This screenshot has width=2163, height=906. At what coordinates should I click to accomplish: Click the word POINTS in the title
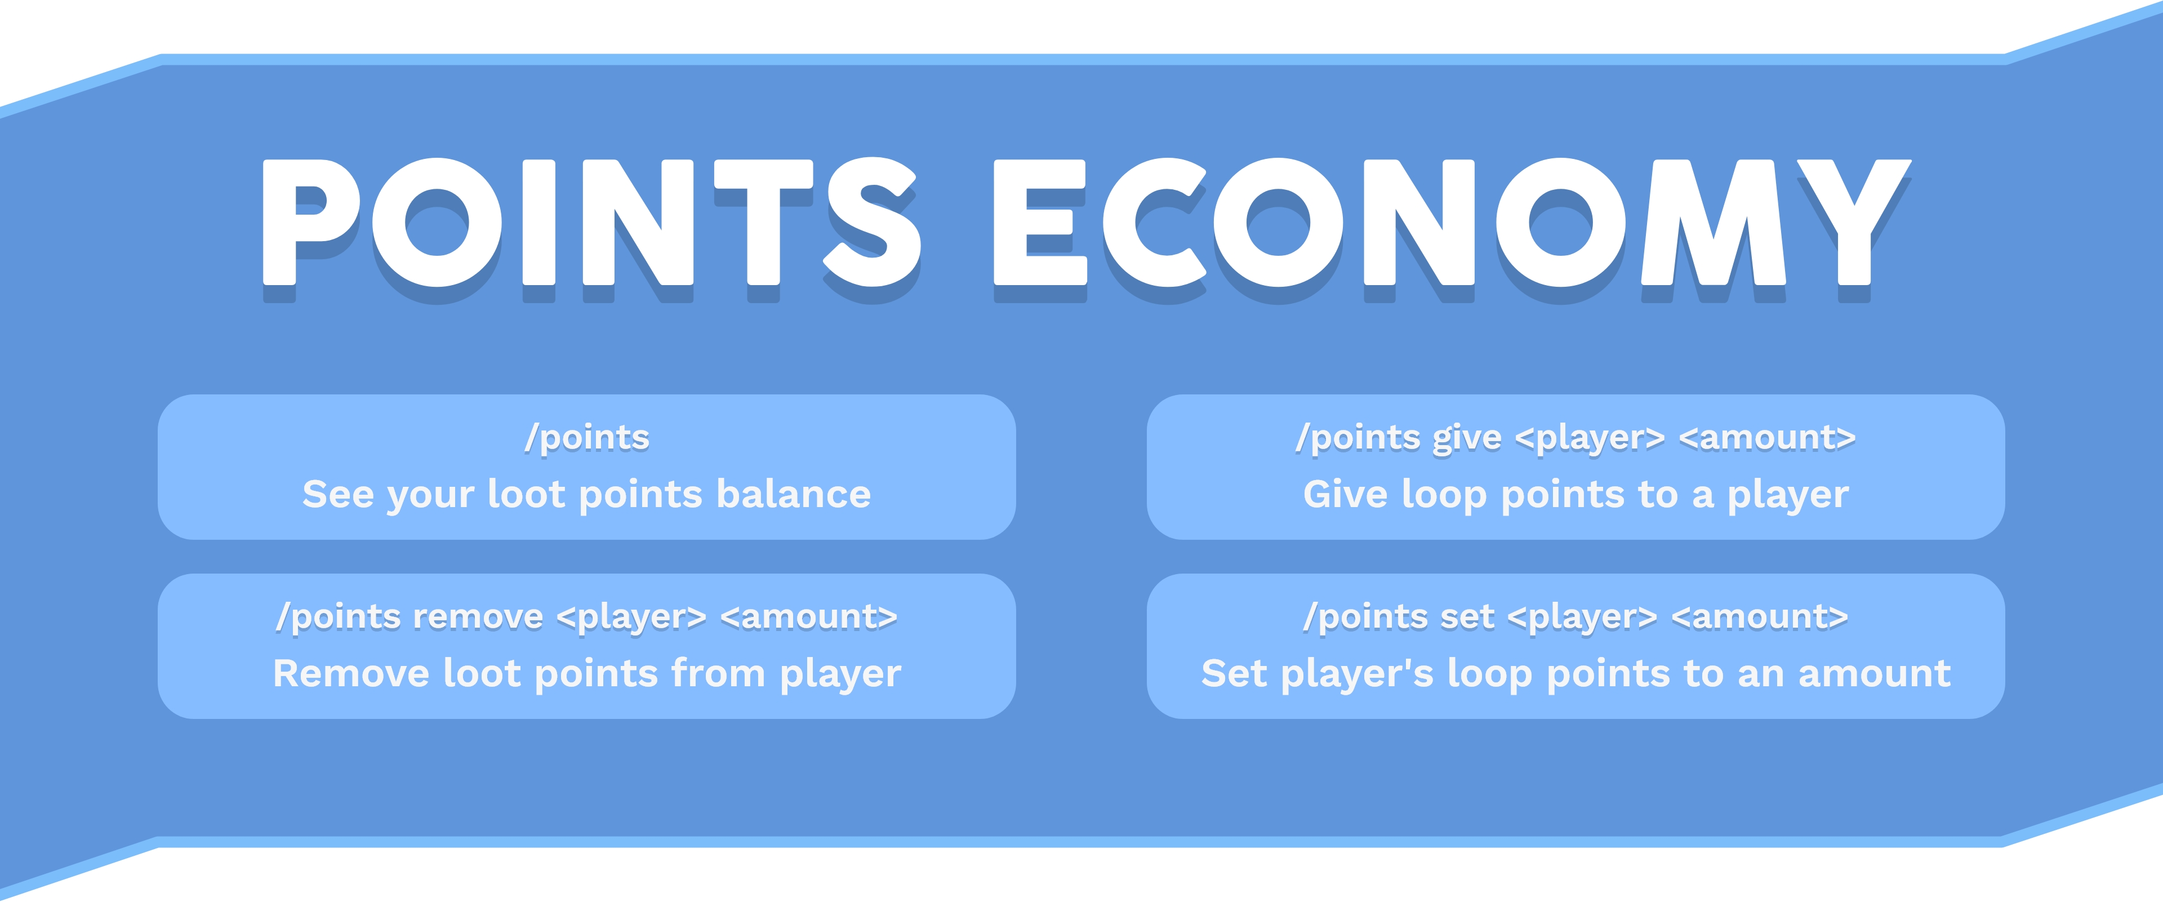click(x=592, y=223)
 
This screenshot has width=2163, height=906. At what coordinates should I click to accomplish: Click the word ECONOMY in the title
click(x=1453, y=223)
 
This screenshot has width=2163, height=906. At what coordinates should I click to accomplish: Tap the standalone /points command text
click(x=587, y=437)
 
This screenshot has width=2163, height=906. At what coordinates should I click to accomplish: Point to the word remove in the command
click(x=478, y=617)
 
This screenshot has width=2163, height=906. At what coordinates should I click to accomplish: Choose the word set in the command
click(x=1467, y=617)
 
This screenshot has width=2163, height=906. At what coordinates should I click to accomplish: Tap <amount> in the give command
click(x=1768, y=437)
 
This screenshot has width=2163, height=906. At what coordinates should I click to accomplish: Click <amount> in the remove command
click(x=809, y=617)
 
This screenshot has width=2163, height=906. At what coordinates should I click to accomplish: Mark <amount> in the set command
click(x=1760, y=617)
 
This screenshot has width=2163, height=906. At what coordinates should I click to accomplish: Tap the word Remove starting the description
click(x=351, y=673)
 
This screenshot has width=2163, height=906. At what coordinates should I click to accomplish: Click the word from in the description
click(x=718, y=673)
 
